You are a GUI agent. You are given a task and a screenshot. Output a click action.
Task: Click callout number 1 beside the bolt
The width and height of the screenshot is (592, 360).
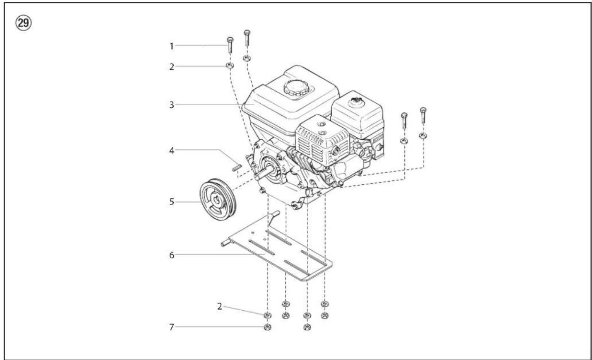coord(171,46)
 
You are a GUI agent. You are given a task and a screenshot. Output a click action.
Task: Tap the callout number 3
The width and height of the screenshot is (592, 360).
coord(171,105)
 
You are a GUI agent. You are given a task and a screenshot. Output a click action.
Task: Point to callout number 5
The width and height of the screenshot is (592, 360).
coord(171,202)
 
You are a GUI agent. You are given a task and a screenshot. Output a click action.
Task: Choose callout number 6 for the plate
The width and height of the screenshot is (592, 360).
coord(171,255)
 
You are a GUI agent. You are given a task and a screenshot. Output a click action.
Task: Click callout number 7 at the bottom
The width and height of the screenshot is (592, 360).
coord(171,327)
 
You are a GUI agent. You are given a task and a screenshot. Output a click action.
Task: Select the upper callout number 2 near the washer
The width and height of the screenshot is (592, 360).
coord(171,66)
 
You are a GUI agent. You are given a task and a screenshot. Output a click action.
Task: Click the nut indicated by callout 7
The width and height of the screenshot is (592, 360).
coord(267,327)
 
